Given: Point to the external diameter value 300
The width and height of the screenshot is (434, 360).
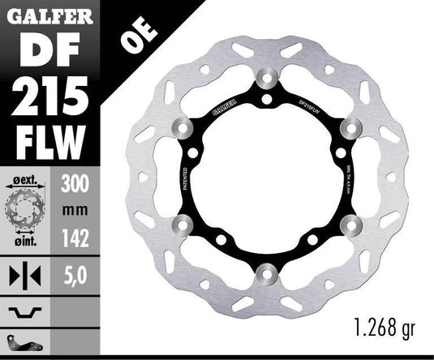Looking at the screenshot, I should coord(75,184).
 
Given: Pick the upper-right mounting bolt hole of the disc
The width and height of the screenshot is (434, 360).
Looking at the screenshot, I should coord(352,128).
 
